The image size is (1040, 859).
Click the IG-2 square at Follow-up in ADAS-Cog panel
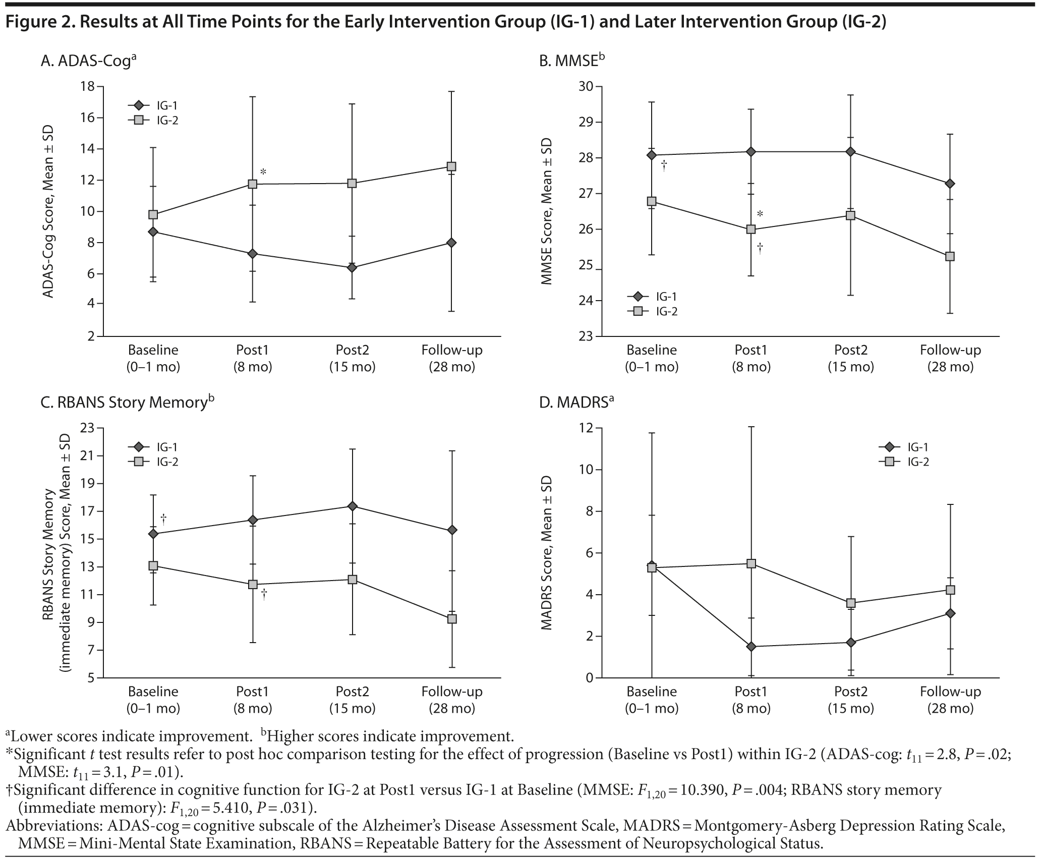point(451,166)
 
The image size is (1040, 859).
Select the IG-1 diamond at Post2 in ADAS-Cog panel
point(352,268)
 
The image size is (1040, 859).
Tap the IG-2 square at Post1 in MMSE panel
point(751,229)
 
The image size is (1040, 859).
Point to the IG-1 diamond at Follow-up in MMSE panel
point(950,184)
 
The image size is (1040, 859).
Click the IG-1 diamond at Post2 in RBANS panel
point(352,506)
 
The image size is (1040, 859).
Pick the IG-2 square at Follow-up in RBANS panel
point(451,619)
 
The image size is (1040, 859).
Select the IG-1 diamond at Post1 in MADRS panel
point(751,647)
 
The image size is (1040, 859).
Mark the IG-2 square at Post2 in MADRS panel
point(851,603)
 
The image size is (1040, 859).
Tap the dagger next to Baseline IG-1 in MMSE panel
point(664,165)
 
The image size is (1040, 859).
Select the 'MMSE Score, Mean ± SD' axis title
point(547,211)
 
